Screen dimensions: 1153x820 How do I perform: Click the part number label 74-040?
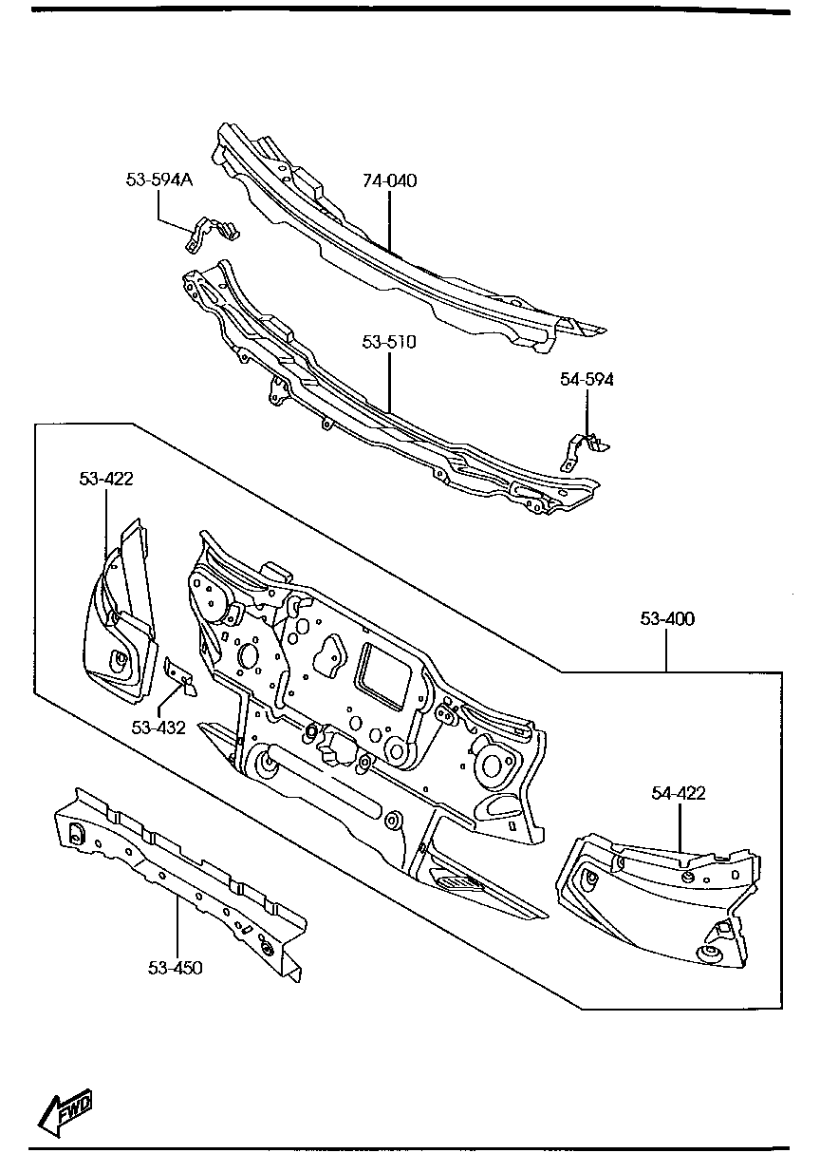(389, 180)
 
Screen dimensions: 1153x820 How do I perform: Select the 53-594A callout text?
(158, 179)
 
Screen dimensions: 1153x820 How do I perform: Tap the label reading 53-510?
(389, 341)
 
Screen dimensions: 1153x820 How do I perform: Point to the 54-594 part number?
(587, 380)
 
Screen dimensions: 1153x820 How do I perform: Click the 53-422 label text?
(105, 479)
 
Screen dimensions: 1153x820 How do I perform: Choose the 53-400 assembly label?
(666, 619)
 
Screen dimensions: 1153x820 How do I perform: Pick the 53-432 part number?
(158, 728)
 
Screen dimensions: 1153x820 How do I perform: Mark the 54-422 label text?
(678, 793)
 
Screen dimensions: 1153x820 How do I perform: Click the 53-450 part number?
(176, 968)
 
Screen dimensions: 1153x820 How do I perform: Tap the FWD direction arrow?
(65, 1107)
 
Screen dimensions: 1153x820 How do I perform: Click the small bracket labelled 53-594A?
(210, 234)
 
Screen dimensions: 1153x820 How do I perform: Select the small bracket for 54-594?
(583, 447)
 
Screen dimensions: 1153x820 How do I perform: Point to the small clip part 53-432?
(180, 675)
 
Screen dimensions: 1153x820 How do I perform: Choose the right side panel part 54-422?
(655, 902)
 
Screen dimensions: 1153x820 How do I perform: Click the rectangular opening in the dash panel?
(385, 675)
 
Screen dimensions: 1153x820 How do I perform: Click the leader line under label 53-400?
(666, 651)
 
